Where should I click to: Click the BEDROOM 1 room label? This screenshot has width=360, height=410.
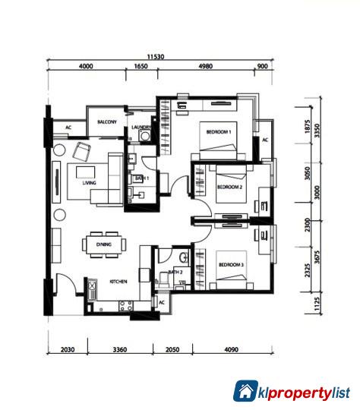(x=218, y=133)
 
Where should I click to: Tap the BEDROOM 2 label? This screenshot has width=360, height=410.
(x=229, y=187)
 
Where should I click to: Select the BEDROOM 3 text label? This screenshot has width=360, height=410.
(x=231, y=265)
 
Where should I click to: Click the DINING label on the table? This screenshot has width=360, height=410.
(x=104, y=244)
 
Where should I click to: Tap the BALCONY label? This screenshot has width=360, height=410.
(x=106, y=121)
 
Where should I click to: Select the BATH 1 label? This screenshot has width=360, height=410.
(x=141, y=178)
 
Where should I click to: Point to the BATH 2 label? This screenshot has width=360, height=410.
(x=175, y=271)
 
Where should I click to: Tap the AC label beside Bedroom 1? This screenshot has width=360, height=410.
(x=265, y=140)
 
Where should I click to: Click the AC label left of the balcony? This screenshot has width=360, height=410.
(x=68, y=128)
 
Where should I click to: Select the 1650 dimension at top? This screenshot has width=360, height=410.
(x=141, y=67)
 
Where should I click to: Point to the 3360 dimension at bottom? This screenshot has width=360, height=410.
(x=120, y=351)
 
